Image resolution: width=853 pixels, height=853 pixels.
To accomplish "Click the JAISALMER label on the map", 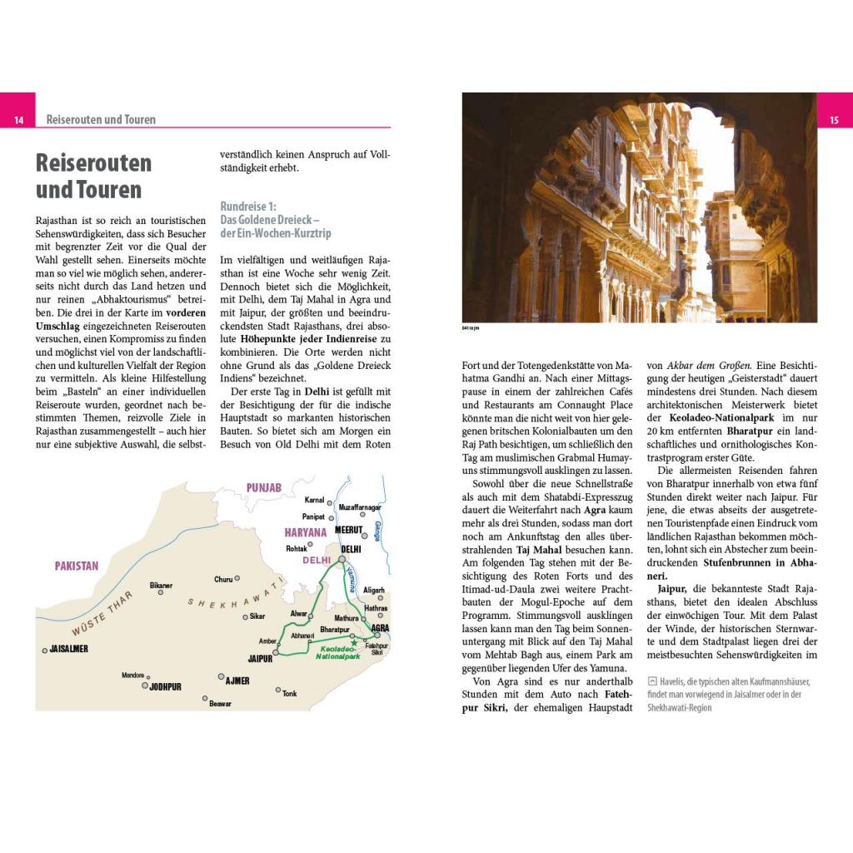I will tap(69, 648).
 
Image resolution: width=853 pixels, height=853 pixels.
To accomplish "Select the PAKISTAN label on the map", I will tap(77, 566).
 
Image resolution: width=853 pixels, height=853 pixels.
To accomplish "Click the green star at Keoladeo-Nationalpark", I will tap(354, 643).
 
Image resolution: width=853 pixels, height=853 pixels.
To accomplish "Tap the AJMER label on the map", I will tap(237, 681).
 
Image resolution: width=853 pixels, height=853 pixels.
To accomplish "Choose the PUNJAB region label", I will tap(264, 486).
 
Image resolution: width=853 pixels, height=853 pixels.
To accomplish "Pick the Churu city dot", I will tap(237, 578).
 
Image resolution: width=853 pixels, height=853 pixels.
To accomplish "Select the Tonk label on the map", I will tap(289, 693).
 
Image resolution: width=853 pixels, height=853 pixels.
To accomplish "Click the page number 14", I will tap(17, 121).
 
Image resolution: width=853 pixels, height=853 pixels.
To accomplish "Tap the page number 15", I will tap(835, 121).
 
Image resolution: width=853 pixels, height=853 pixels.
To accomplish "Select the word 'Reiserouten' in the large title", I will tap(93, 162).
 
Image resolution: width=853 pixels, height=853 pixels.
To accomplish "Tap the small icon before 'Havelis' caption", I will tap(652, 681).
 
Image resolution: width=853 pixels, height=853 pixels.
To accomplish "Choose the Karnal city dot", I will tap(330, 500).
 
